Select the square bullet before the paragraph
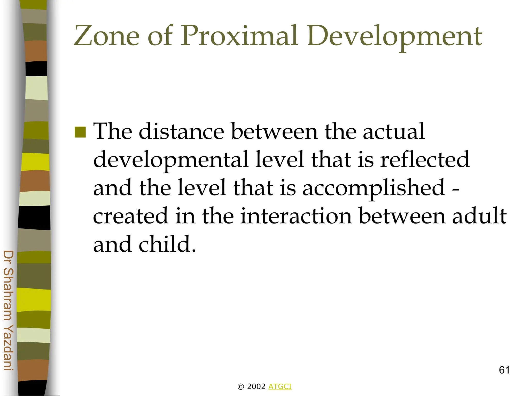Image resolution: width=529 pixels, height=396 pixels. point(80,132)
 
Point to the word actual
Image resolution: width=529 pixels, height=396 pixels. point(394,131)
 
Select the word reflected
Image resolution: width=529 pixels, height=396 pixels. point(425,160)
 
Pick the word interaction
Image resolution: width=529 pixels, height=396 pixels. point(296,216)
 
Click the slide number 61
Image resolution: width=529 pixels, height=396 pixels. point(504,370)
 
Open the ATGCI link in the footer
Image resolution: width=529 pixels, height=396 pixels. point(280,386)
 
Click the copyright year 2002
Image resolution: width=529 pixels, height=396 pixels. point(256,386)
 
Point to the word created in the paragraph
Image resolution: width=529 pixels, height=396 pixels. point(130,216)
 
